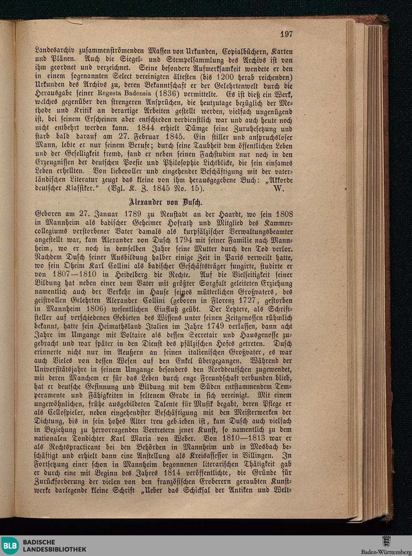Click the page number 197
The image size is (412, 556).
(x=286, y=34)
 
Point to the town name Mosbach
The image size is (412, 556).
(x=258, y=447)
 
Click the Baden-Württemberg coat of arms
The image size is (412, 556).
(x=386, y=542)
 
